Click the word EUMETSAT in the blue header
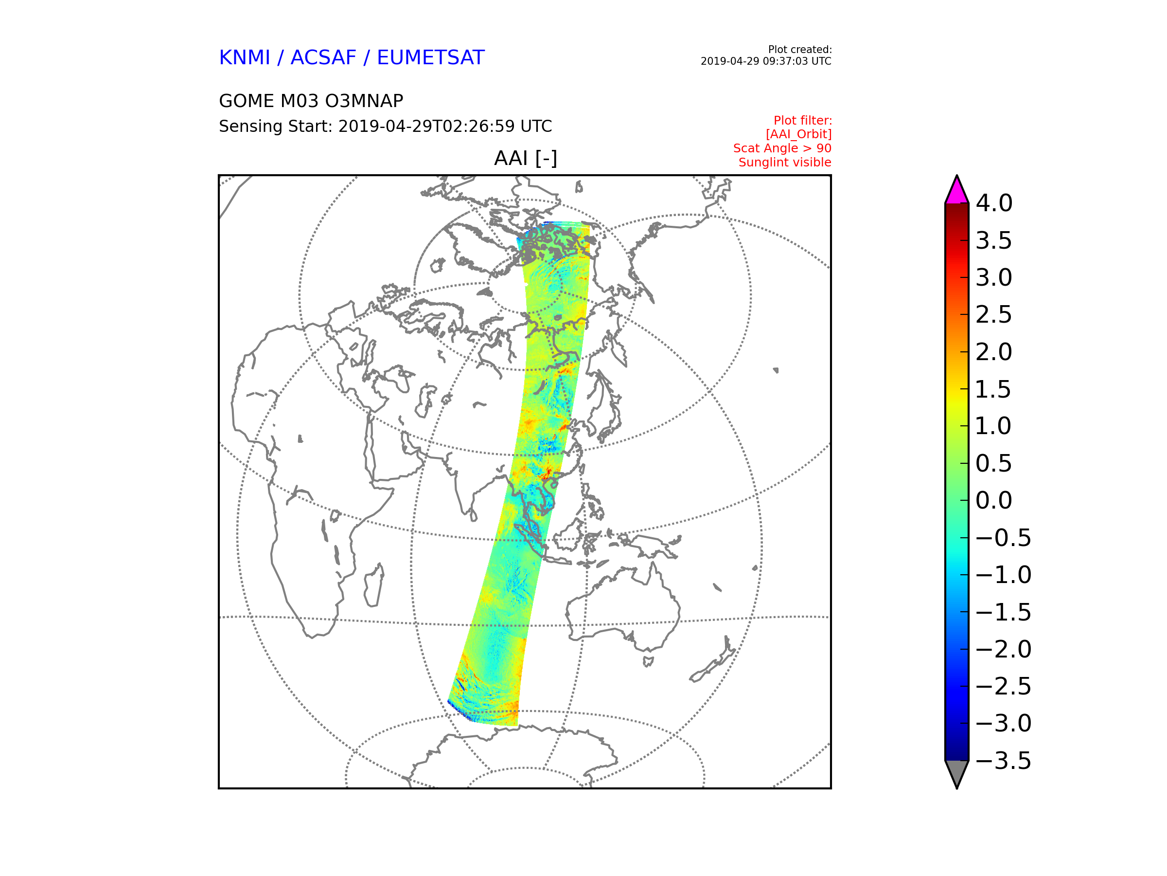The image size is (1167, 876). coord(430,57)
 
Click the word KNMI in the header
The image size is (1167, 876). coord(244,57)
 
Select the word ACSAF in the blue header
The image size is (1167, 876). coord(323,57)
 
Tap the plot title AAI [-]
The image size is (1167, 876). coord(526,158)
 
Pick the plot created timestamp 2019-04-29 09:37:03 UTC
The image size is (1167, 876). coord(765,61)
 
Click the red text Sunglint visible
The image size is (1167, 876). coord(784,163)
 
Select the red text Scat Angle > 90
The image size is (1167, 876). coord(782,148)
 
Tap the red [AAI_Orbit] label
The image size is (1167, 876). coord(798,134)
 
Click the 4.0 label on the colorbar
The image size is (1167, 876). coord(994,203)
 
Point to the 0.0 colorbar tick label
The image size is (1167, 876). coord(994,501)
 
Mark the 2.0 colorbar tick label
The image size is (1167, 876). coord(994,352)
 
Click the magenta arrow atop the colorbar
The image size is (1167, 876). coord(956,192)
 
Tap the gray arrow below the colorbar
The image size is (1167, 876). coord(956,772)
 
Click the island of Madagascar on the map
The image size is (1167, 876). coord(374,586)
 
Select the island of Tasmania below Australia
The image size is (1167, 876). coord(648,661)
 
